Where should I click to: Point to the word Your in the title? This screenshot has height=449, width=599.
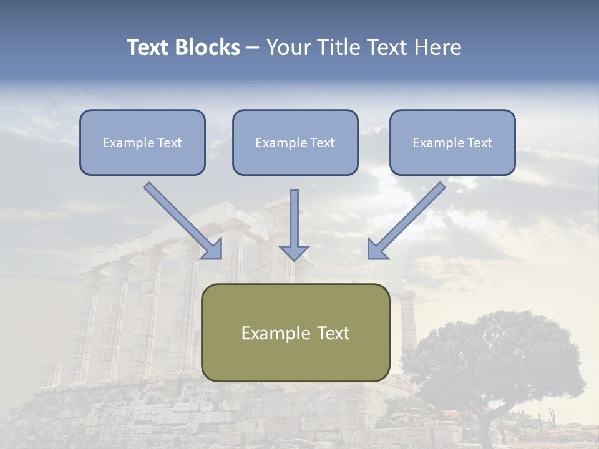[x=289, y=47]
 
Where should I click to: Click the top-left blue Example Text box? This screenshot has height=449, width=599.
[x=142, y=142]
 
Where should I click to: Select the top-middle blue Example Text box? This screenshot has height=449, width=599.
[x=295, y=142]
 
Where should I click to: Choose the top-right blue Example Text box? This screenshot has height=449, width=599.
[x=452, y=142]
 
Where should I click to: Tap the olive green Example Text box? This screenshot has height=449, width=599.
[x=295, y=332]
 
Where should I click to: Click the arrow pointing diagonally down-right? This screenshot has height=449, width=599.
[x=181, y=218]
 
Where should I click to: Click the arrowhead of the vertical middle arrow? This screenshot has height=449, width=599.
[x=294, y=252]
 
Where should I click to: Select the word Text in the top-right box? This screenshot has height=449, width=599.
[x=479, y=143]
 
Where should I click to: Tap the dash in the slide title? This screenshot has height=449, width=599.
[x=253, y=48]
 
